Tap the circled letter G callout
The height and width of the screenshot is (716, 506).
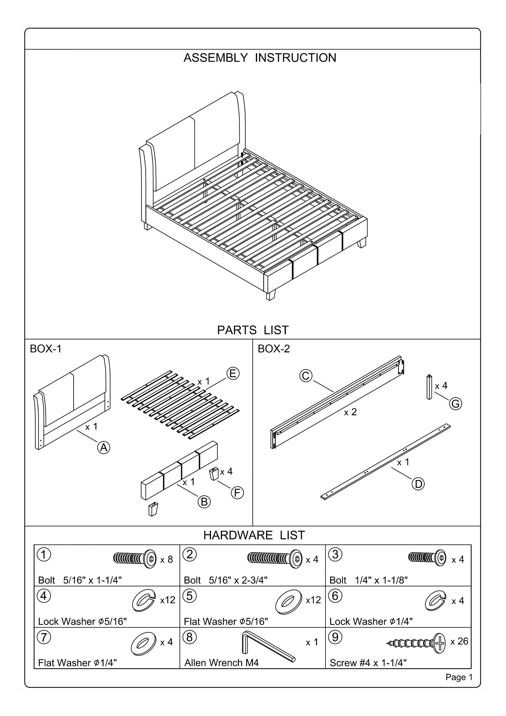(x=456, y=404)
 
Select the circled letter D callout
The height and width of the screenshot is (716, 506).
(x=418, y=484)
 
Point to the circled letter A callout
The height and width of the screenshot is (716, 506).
(x=103, y=448)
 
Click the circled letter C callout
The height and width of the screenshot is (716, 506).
(x=306, y=376)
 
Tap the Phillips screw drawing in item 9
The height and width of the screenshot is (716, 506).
(x=418, y=643)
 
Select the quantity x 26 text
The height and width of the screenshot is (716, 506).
(x=459, y=641)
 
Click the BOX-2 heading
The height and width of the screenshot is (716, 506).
(x=274, y=349)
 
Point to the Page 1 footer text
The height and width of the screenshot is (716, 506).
(x=459, y=677)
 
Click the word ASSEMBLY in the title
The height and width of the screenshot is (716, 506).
(x=216, y=58)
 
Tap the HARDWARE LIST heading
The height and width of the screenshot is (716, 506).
(x=254, y=535)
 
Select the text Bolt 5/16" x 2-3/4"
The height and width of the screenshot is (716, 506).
(x=225, y=580)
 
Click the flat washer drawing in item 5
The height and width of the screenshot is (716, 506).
(x=288, y=602)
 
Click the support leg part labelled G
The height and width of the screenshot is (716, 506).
(x=429, y=387)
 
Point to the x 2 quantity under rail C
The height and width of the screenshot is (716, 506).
(x=350, y=412)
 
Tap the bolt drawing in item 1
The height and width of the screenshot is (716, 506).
(x=135, y=559)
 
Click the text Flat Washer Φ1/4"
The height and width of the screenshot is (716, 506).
(x=77, y=662)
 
